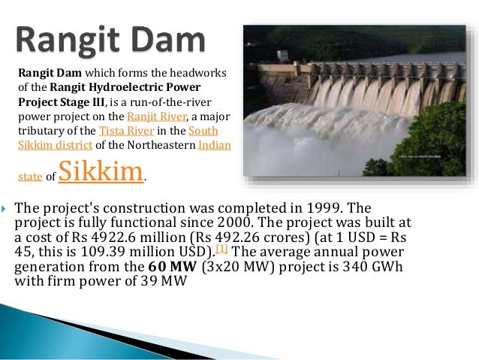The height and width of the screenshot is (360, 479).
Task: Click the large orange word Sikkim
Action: pos(100,171)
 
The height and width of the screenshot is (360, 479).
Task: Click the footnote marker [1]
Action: pos(222,249)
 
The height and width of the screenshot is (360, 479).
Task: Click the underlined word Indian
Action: pos(215,144)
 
